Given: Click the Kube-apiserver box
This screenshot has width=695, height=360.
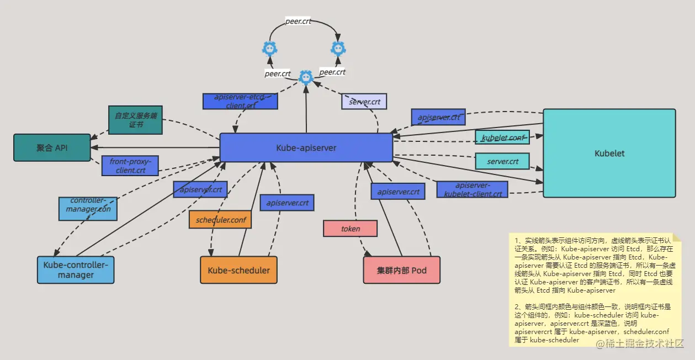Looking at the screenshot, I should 306,147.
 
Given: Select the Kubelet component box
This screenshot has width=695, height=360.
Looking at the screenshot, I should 609,153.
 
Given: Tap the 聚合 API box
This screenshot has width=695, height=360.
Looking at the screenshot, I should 52,147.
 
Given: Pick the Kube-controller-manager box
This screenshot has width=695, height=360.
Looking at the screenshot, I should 76,270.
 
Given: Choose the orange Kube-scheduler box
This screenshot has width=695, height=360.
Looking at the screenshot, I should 238,270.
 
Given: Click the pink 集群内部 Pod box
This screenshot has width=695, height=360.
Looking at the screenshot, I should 401,270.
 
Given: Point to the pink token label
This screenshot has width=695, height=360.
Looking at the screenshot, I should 350,229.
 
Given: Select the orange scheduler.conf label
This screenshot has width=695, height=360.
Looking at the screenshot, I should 220,219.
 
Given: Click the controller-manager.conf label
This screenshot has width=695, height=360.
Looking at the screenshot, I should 88,209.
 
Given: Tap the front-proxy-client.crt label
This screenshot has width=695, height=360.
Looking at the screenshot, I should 130,166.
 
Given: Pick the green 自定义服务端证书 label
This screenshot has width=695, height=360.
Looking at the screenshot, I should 135,120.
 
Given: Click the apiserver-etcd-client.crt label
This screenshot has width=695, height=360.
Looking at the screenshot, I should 240,101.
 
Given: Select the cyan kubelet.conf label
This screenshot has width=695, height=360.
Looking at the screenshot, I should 502,137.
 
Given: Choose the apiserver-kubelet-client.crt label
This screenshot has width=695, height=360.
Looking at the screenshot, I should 472,189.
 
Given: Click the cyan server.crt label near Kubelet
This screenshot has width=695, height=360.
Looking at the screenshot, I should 502,161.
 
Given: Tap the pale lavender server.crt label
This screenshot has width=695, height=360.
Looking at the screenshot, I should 364,102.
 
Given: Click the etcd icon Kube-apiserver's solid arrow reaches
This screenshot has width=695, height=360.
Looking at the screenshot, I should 306,78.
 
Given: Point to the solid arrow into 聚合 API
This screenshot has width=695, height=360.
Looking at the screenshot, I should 155,148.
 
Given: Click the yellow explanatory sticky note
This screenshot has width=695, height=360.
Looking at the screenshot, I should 595,290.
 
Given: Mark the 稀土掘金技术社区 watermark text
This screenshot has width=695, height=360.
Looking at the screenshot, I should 639,344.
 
